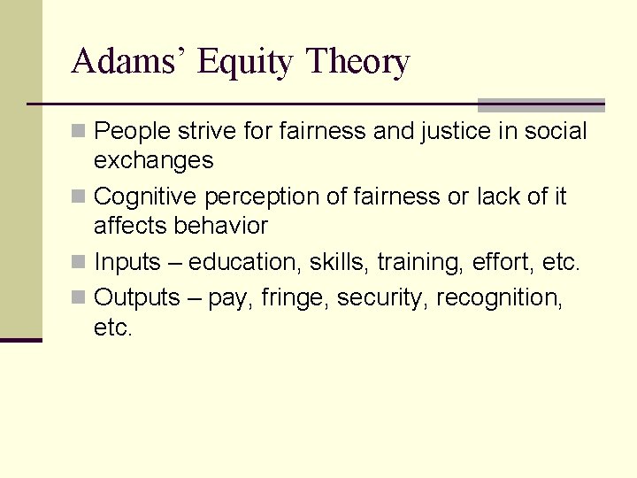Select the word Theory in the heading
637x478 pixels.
click(357, 63)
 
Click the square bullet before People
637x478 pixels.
click(80, 132)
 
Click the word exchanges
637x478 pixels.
click(153, 160)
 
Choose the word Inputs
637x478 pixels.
click(127, 263)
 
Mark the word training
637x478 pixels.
click(416, 263)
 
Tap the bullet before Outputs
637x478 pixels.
click(80, 298)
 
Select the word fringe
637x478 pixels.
click(295, 298)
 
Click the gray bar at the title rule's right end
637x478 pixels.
click(541, 105)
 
